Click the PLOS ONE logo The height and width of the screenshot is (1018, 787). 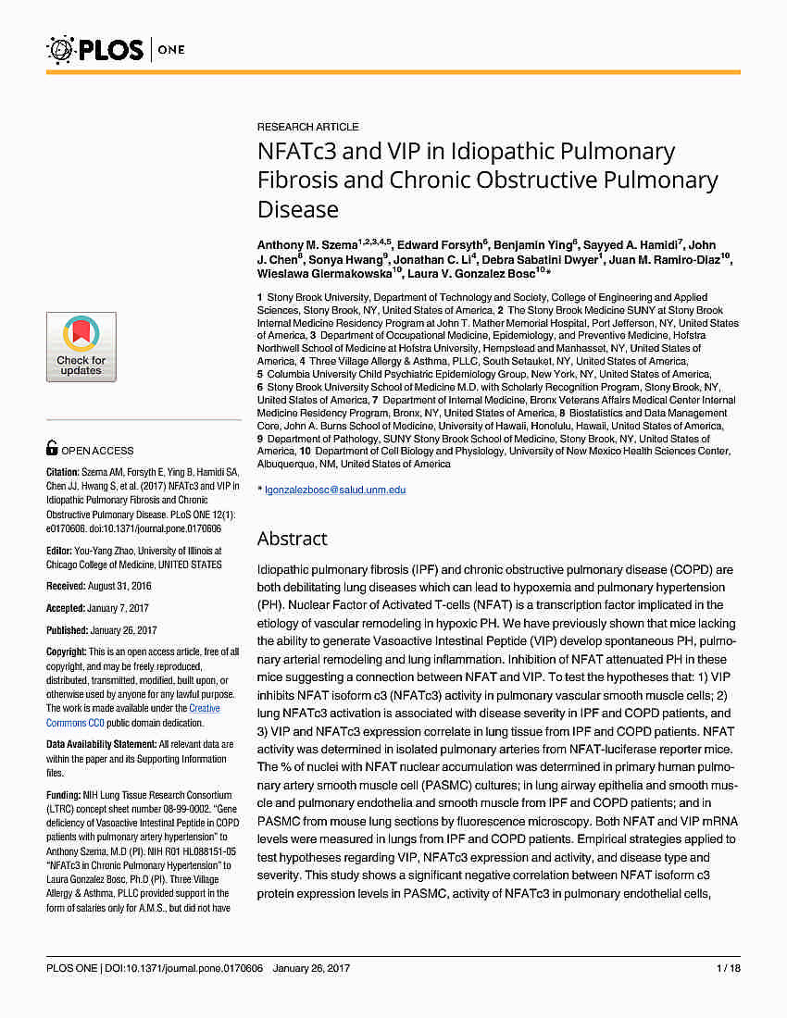[105, 48]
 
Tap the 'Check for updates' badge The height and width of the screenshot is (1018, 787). [81, 347]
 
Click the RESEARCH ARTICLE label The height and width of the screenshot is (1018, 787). [307, 127]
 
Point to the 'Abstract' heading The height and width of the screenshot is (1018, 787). [292, 539]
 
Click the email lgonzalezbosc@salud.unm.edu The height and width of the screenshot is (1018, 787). [335, 490]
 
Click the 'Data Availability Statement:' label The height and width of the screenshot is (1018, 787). [101, 744]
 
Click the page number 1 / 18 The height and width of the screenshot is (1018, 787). [728, 968]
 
